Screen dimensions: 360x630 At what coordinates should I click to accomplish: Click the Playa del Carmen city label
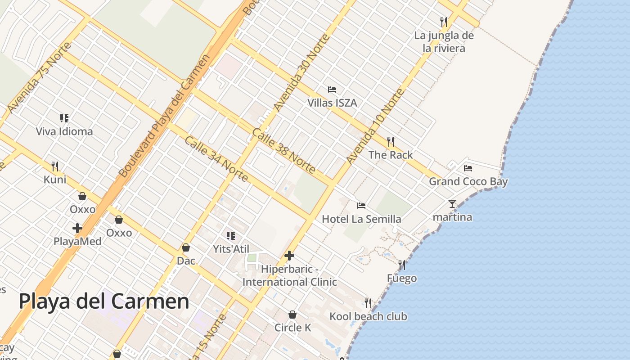click(104, 301)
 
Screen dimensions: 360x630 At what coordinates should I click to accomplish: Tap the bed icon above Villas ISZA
click(332, 90)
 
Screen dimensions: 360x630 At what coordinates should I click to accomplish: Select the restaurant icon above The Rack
click(390, 142)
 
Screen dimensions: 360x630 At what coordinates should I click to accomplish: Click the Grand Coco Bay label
click(468, 182)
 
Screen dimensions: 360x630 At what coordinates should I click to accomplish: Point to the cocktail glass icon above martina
click(452, 204)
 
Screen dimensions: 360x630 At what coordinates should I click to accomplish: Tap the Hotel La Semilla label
click(361, 219)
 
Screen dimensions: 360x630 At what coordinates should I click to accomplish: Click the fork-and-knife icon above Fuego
click(402, 265)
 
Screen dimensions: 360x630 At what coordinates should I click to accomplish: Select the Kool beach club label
click(368, 316)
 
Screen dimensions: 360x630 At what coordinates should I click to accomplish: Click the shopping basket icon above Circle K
click(292, 315)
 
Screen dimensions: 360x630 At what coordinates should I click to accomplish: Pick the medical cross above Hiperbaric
click(289, 256)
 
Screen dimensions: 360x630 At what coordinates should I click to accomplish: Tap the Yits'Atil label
click(231, 249)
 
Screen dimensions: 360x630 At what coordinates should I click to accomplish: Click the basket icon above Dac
click(186, 248)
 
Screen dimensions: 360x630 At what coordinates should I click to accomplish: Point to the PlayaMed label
click(77, 241)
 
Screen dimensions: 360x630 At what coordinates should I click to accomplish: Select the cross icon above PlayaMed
click(77, 228)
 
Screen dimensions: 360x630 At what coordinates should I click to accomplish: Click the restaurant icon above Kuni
click(55, 166)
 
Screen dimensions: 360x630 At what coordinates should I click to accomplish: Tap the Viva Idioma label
click(64, 131)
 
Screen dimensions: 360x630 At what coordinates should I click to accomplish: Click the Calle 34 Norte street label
click(216, 159)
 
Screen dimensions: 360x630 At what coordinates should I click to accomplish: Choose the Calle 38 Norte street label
click(283, 151)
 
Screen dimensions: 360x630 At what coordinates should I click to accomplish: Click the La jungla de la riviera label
click(444, 42)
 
